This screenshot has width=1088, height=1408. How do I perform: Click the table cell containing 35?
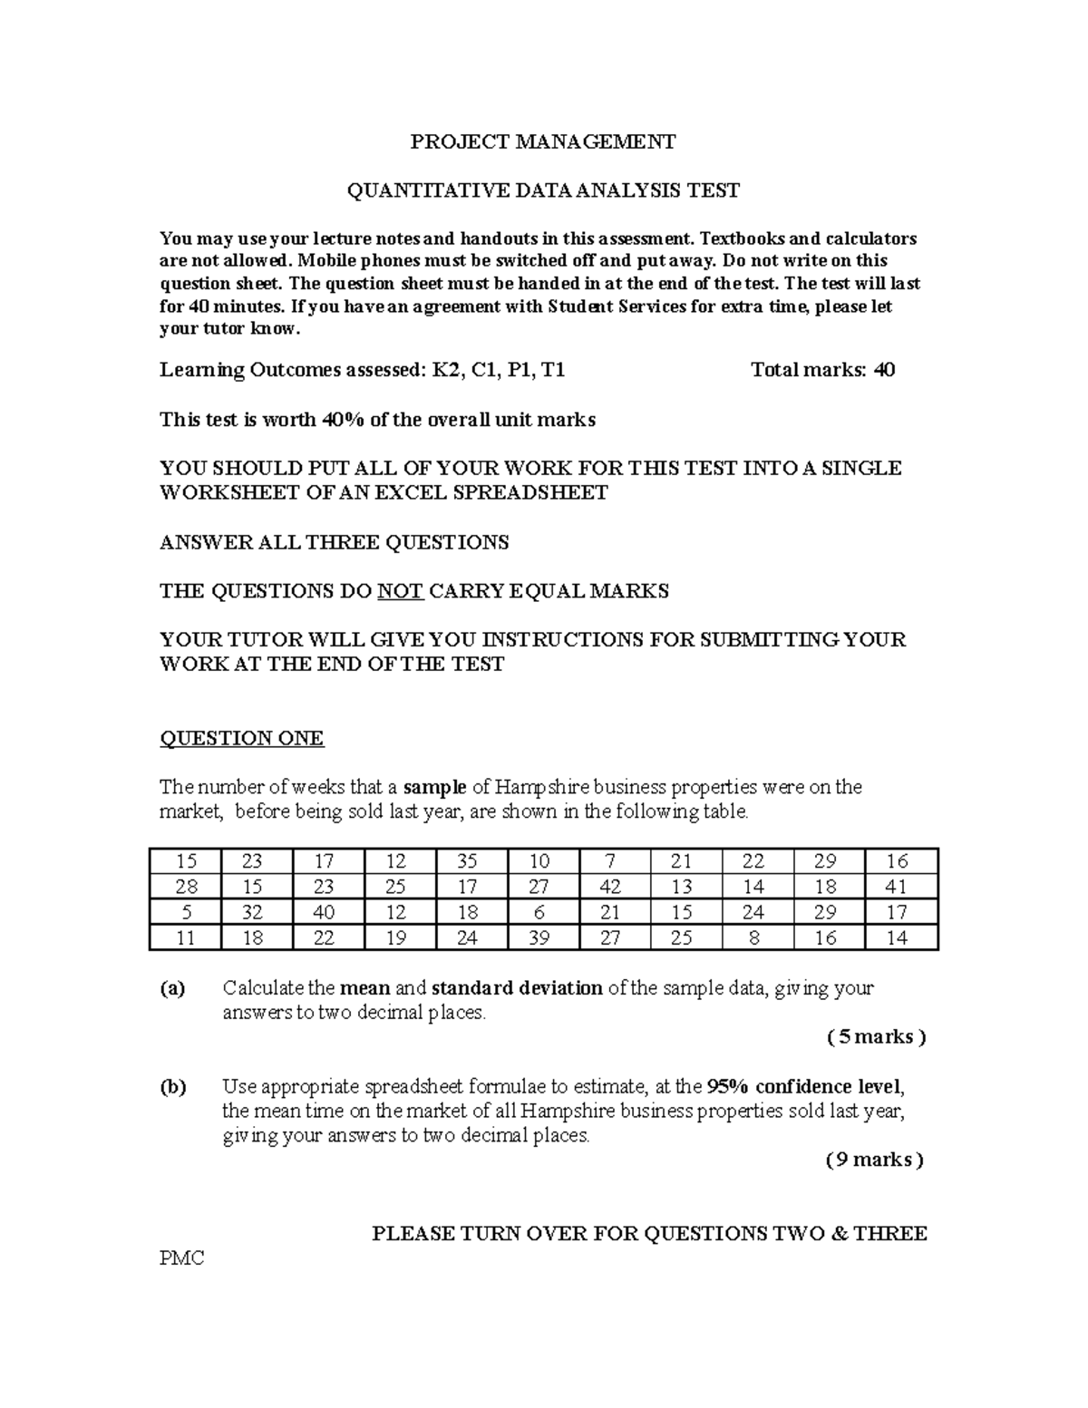click(467, 861)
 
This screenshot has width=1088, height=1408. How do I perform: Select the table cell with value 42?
click(610, 887)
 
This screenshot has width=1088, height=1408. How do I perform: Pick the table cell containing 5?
click(186, 912)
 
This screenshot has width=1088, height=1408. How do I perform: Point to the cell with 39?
click(539, 937)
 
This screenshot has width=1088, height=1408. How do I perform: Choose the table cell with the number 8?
click(754, 937)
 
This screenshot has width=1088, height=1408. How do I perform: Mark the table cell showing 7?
click(610, 861)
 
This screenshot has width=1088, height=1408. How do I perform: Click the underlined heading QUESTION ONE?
click(241, 738)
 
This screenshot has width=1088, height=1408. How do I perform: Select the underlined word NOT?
click(400, 591)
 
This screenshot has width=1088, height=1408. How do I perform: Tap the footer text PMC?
click(181, 1257)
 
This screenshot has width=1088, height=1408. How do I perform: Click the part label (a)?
click(172, 988)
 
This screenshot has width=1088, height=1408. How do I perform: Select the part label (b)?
click(172, 1086)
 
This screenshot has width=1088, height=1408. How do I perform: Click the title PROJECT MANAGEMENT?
click(543, 141)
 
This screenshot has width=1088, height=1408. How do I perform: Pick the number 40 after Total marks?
click(883, 370)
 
